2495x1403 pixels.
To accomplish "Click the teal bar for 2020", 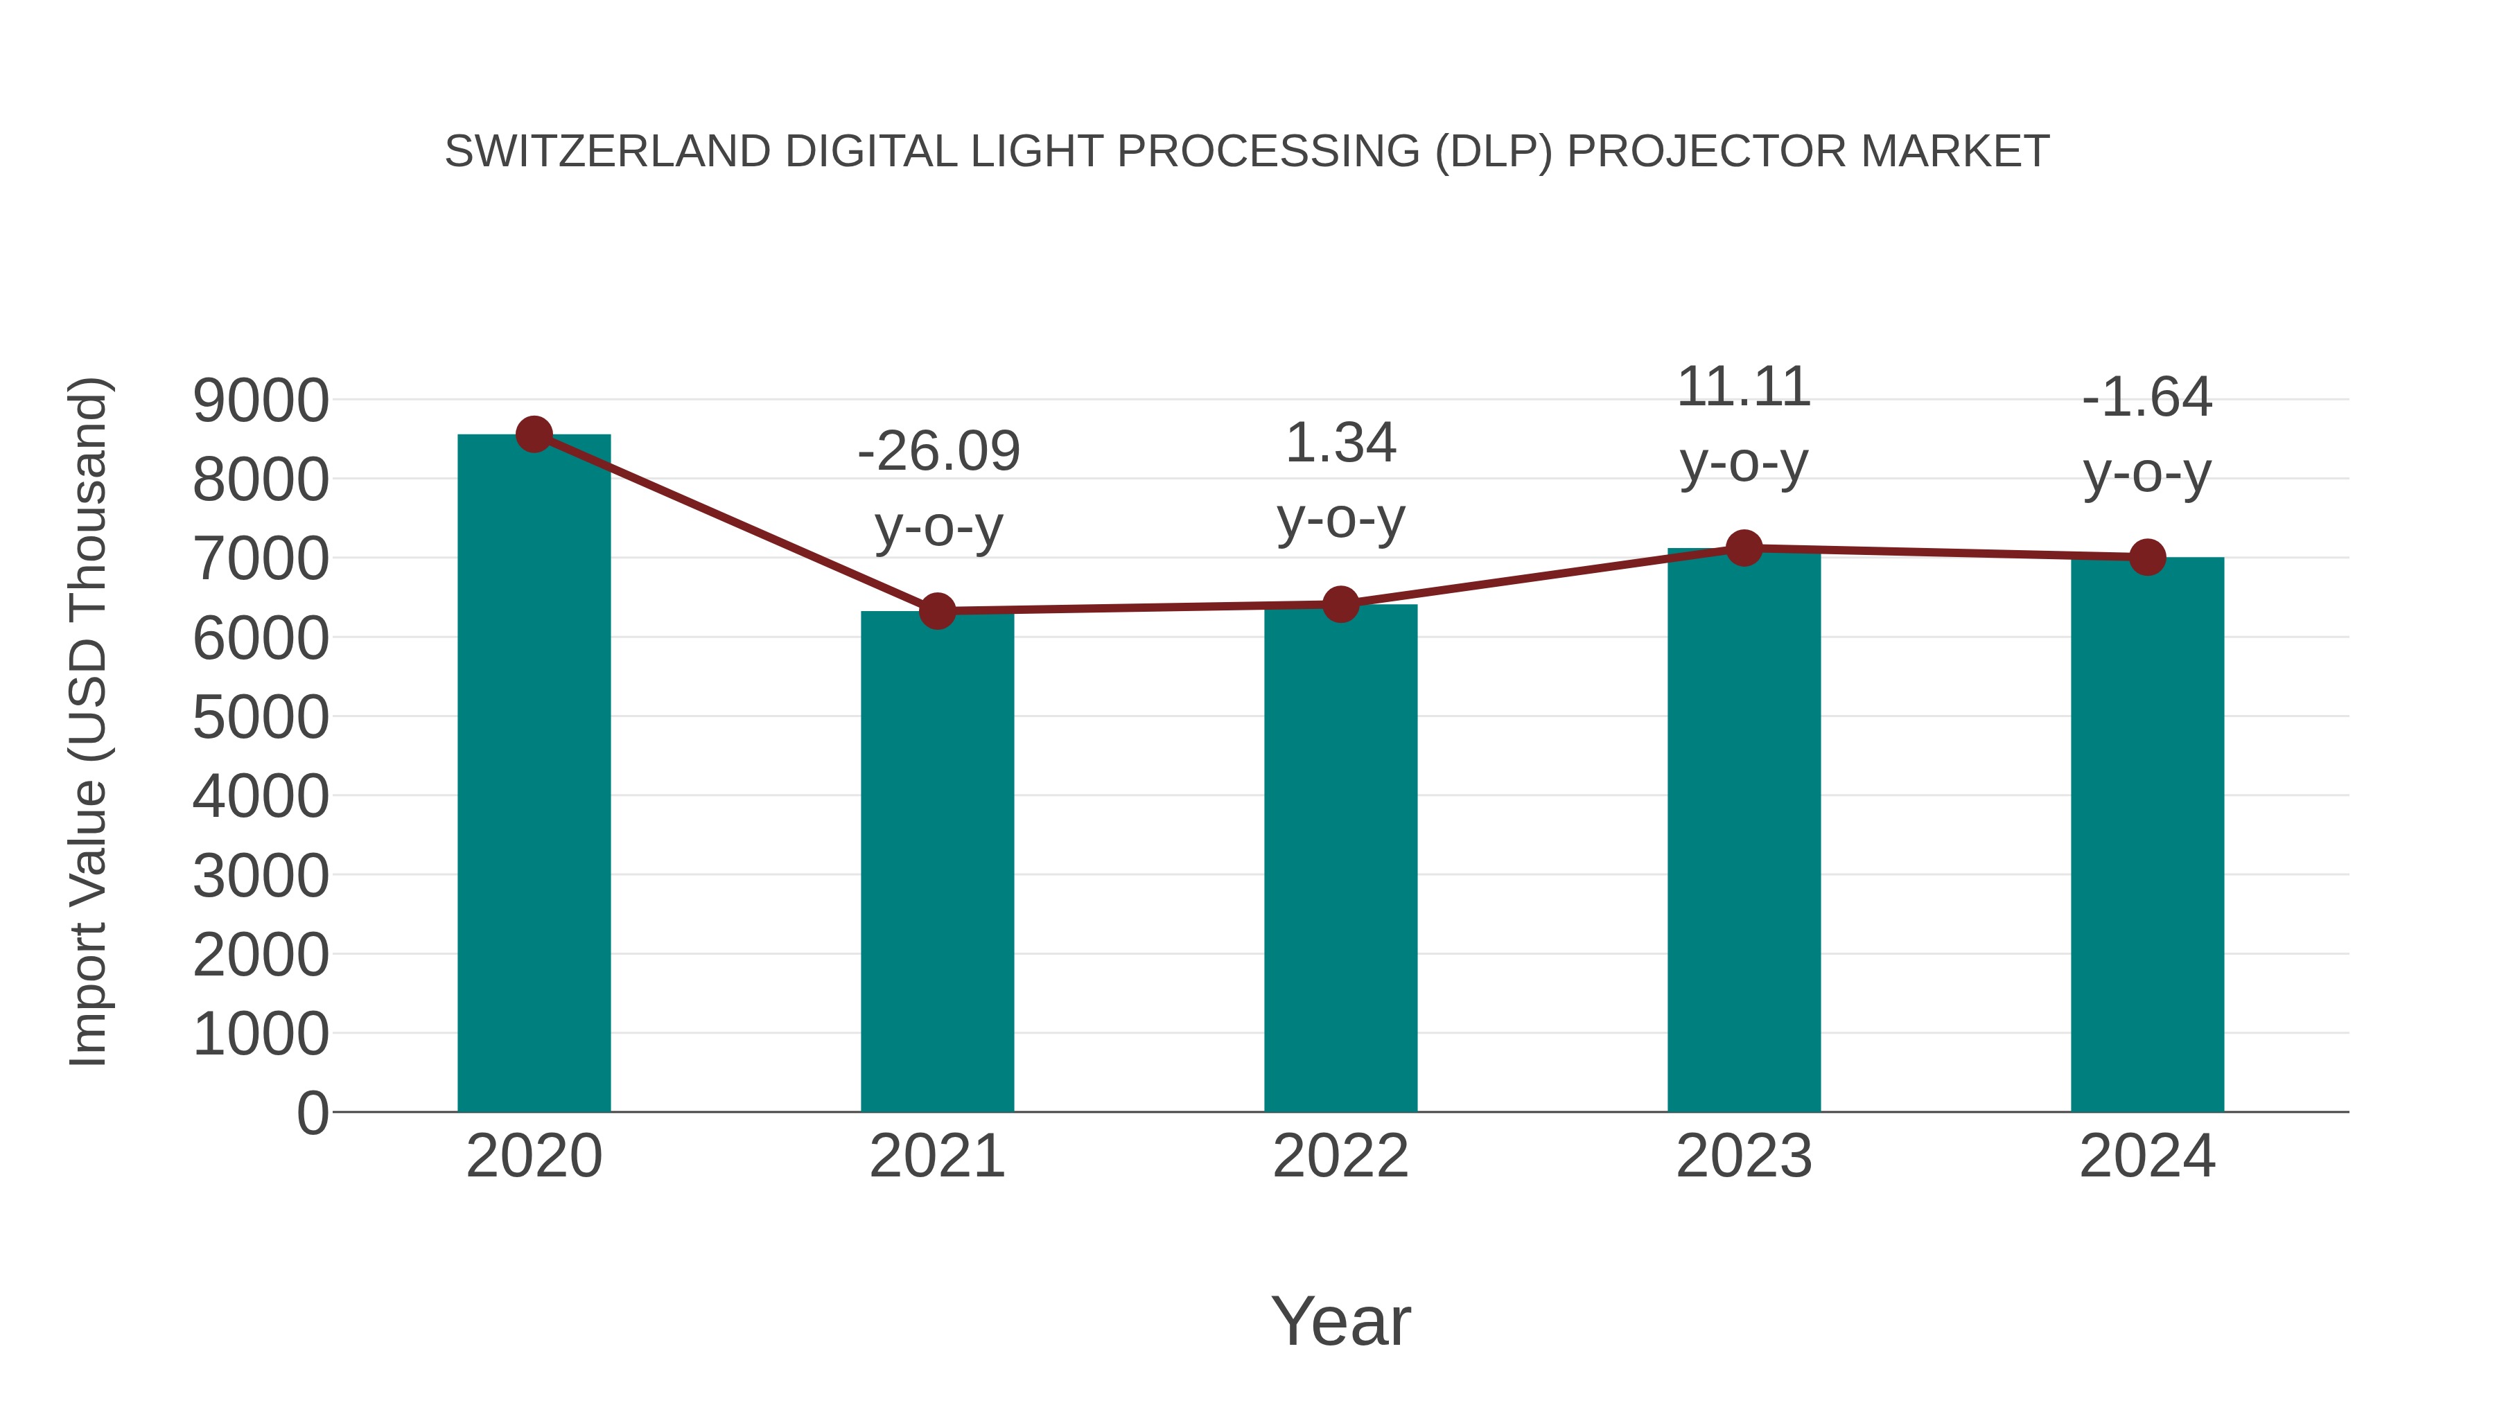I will (x=534, y=775).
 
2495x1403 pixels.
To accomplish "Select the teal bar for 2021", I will (x=936, y=862).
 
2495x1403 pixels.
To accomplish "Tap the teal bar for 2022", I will (x=1340, y=858).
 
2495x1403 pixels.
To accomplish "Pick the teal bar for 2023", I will (x=1744, y=831).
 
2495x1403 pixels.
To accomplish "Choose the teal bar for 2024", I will (x=2147, y=835).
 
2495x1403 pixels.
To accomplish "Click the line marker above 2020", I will (x=534, y=434).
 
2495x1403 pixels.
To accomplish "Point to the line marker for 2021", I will (x=936, y=611).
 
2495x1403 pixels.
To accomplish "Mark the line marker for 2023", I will (x=1744, y=548).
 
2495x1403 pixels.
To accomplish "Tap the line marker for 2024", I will (x=2147, y=557).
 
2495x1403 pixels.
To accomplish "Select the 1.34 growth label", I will (x=1340, y=443).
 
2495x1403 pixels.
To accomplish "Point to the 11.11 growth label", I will (x=1744, y=387).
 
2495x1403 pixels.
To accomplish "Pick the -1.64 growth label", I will (x=2147, y=397).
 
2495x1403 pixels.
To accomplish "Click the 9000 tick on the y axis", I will (x=261, y=401).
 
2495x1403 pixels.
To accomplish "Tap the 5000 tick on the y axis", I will (x=261, y=718).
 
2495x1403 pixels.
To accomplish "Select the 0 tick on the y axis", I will (x=312, y=1113).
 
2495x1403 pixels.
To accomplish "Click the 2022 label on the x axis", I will (x=1340, y=1156).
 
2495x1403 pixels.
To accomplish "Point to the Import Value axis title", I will (x=89, y=721).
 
